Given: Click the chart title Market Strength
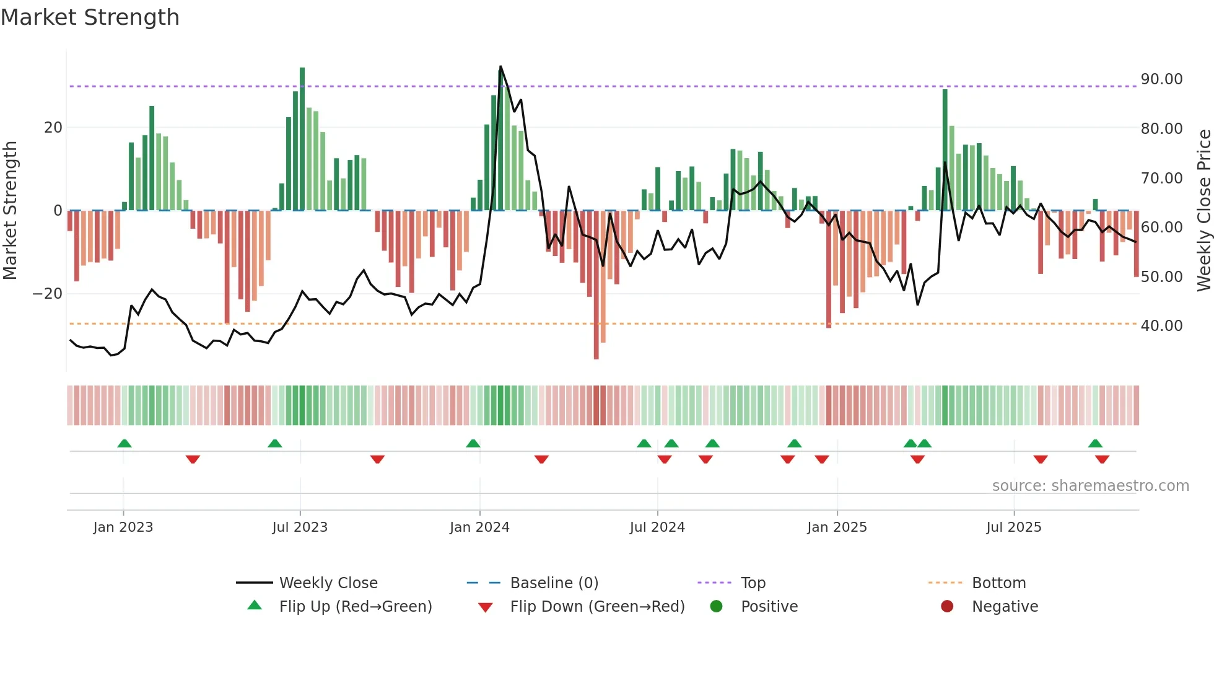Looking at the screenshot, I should pos(90,17).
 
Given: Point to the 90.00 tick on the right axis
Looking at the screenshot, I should pos(1161,79).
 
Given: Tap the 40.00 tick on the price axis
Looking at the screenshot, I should pos(1161,326).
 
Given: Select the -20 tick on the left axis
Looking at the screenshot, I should pos(48,294).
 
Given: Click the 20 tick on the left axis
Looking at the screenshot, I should pos(53,128).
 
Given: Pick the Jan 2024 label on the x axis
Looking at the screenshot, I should pos(479,527).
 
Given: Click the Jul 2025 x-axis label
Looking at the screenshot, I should pos(1013,527).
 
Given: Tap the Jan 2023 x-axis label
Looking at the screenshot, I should pos(123,527).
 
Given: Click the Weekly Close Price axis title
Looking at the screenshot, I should pos(1203,211).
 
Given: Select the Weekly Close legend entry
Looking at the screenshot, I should pos(328,583).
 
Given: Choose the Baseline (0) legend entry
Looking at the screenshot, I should pos(554,583).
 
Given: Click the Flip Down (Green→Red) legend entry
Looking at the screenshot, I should pos(597,607).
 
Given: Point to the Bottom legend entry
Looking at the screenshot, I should pos(998,583).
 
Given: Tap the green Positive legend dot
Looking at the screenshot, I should pos(716,607).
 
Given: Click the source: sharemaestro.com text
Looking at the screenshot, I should pos(1090,486).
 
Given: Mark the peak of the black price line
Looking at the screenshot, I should pos(500,66).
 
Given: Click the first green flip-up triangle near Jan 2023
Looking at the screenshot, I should pos(124,443).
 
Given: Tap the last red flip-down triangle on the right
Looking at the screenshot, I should pos(1102,459).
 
